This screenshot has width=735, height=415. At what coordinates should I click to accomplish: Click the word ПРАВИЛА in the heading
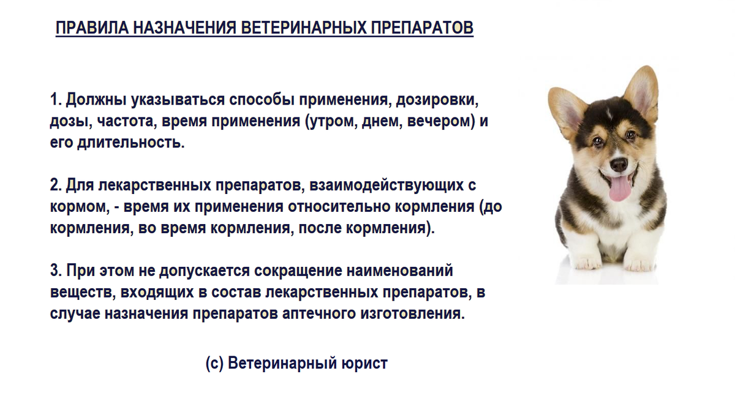click(92, 28)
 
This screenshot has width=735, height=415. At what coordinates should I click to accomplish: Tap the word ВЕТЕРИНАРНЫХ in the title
click(304, 28)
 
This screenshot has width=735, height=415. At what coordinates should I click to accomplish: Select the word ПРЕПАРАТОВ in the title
click(422, 28)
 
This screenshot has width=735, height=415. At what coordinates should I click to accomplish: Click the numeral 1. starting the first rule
click(56, 99)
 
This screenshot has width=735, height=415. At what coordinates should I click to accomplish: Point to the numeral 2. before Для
click(56, 185)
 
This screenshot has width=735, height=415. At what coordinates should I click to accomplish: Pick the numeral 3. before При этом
click(56, 271)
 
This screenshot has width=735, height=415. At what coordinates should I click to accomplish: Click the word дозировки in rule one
click(437, 100)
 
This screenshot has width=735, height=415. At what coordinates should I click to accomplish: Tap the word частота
click(126, 121)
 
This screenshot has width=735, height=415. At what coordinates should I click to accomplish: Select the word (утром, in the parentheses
click(331, 122)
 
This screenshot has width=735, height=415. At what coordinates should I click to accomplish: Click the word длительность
click(131, 143)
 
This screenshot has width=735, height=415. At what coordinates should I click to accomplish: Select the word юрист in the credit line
click(364, 364)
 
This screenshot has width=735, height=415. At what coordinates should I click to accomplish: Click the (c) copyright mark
click(214, 363)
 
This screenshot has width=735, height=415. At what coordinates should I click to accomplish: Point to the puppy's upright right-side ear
click(641, 92)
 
